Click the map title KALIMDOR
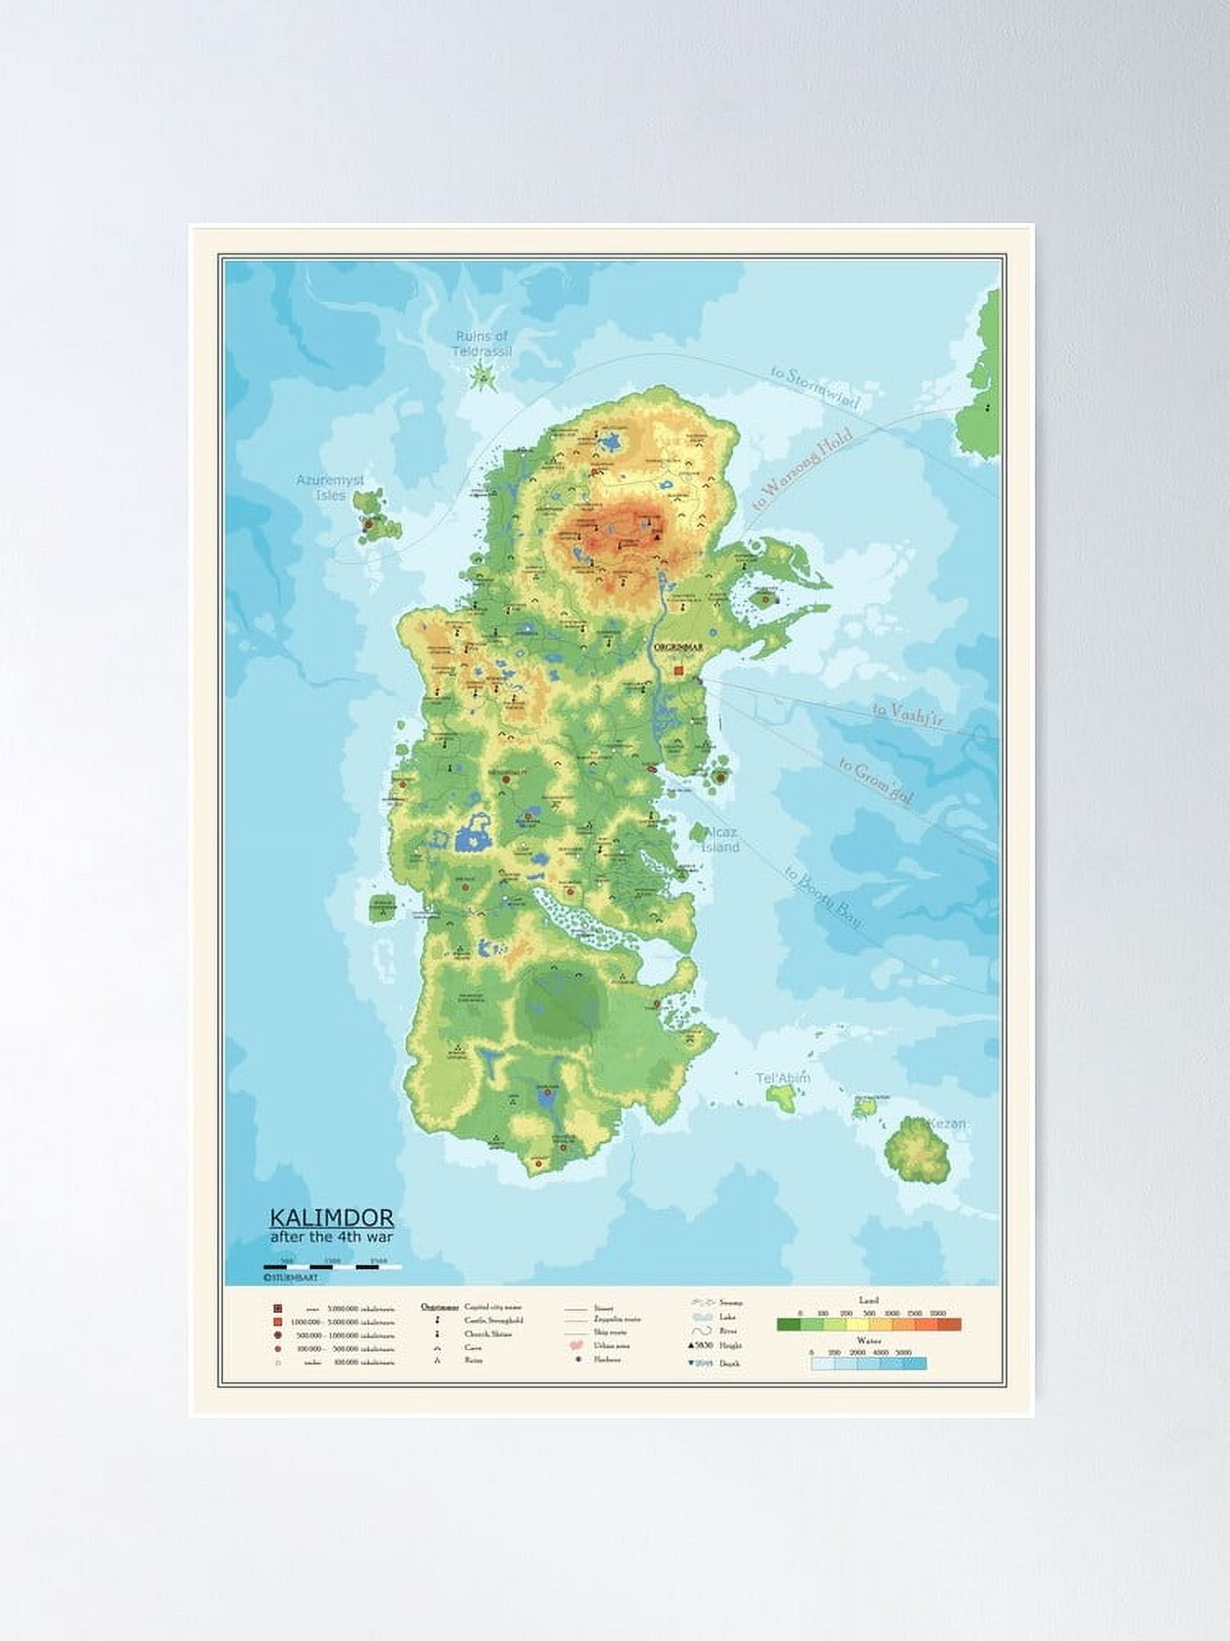tap(331, 1218)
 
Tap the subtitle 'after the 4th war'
tap(331, 1236)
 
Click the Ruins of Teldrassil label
tap(482, 344)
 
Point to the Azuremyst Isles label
tap(330, 487)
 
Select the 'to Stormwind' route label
tap(815, 388)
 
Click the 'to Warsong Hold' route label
tap(802, 469)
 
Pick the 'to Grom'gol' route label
tap(876, 782)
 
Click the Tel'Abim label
tap(783, 1077)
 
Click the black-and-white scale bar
tap(332, 1267)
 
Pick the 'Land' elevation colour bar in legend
tap(868, 1324)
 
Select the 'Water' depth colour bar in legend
tap(868, 1364)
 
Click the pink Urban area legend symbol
tap(577, 1346)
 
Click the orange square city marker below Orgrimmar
tap(678, 670)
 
